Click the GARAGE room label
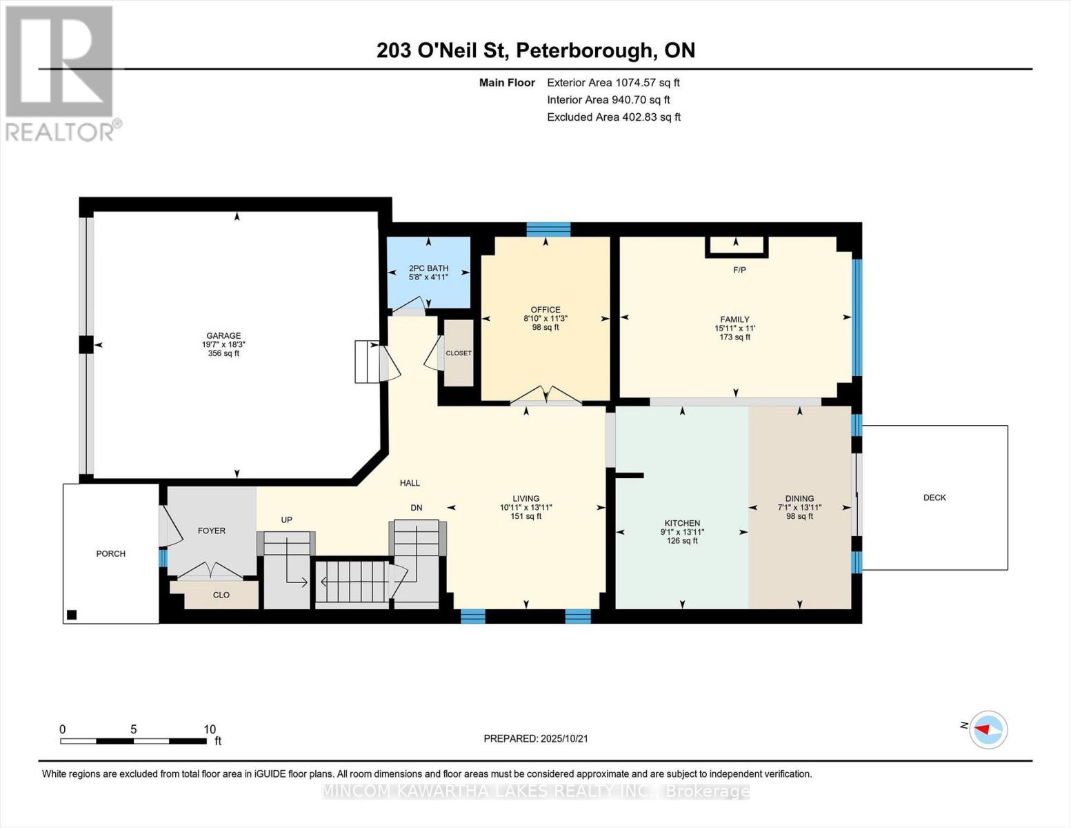223,336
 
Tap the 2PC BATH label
428,268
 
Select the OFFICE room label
545,310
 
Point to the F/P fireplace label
739,270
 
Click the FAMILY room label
734,319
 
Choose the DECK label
934,497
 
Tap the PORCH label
111,553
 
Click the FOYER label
212,531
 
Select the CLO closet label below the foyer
221,595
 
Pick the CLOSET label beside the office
459,353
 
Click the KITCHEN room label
682,523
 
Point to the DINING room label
799,498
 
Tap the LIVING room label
526,498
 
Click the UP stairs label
287,520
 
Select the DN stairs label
417,508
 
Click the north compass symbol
988,729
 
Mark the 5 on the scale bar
134,729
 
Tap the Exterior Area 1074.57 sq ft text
613,82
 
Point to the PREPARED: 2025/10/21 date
536,738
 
